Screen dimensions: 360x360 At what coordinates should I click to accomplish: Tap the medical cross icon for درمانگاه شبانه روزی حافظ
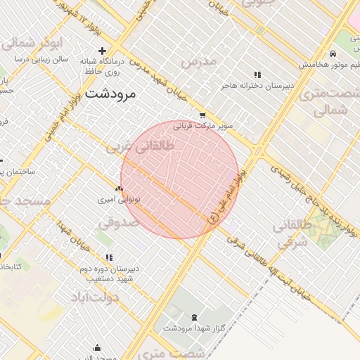[103, 51]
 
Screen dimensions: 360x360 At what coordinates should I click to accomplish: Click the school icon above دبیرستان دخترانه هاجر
[257, 75]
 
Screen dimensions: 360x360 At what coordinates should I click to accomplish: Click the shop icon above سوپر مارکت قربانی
[203, 115]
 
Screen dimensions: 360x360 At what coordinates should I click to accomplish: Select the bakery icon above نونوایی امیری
[119, 188]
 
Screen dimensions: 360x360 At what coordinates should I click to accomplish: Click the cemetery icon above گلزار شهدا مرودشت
[194, 316]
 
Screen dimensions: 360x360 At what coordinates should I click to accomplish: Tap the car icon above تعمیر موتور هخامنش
[331, 54]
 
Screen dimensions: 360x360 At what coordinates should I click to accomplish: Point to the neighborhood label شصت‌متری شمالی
[328, 102]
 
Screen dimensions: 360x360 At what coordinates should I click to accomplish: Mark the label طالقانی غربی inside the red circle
[129, 148]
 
